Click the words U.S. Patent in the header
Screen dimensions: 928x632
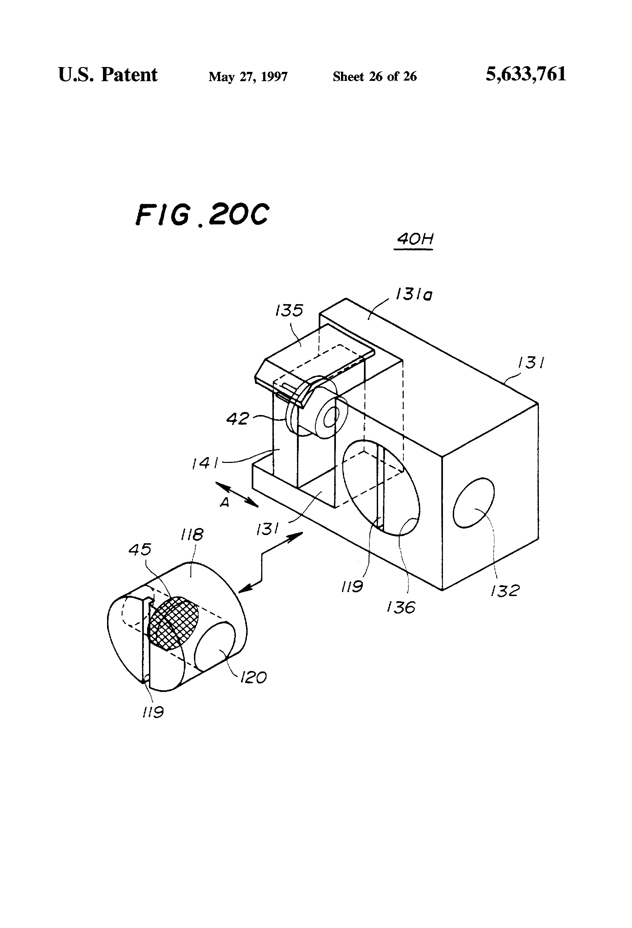(x=108, y=75)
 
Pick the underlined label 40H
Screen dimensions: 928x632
(x=415, y=240)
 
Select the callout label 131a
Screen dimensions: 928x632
(x=414, y=295)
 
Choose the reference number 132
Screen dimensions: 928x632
(x=505, y=591)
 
